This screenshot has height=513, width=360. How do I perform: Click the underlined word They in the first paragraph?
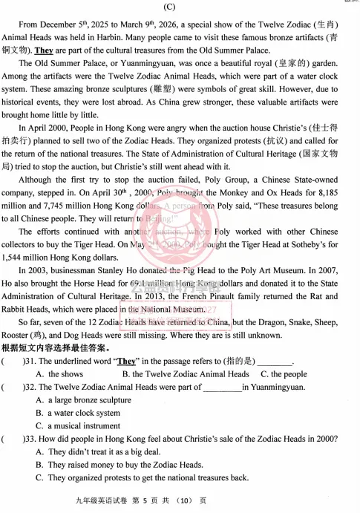(x=44, y=50)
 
